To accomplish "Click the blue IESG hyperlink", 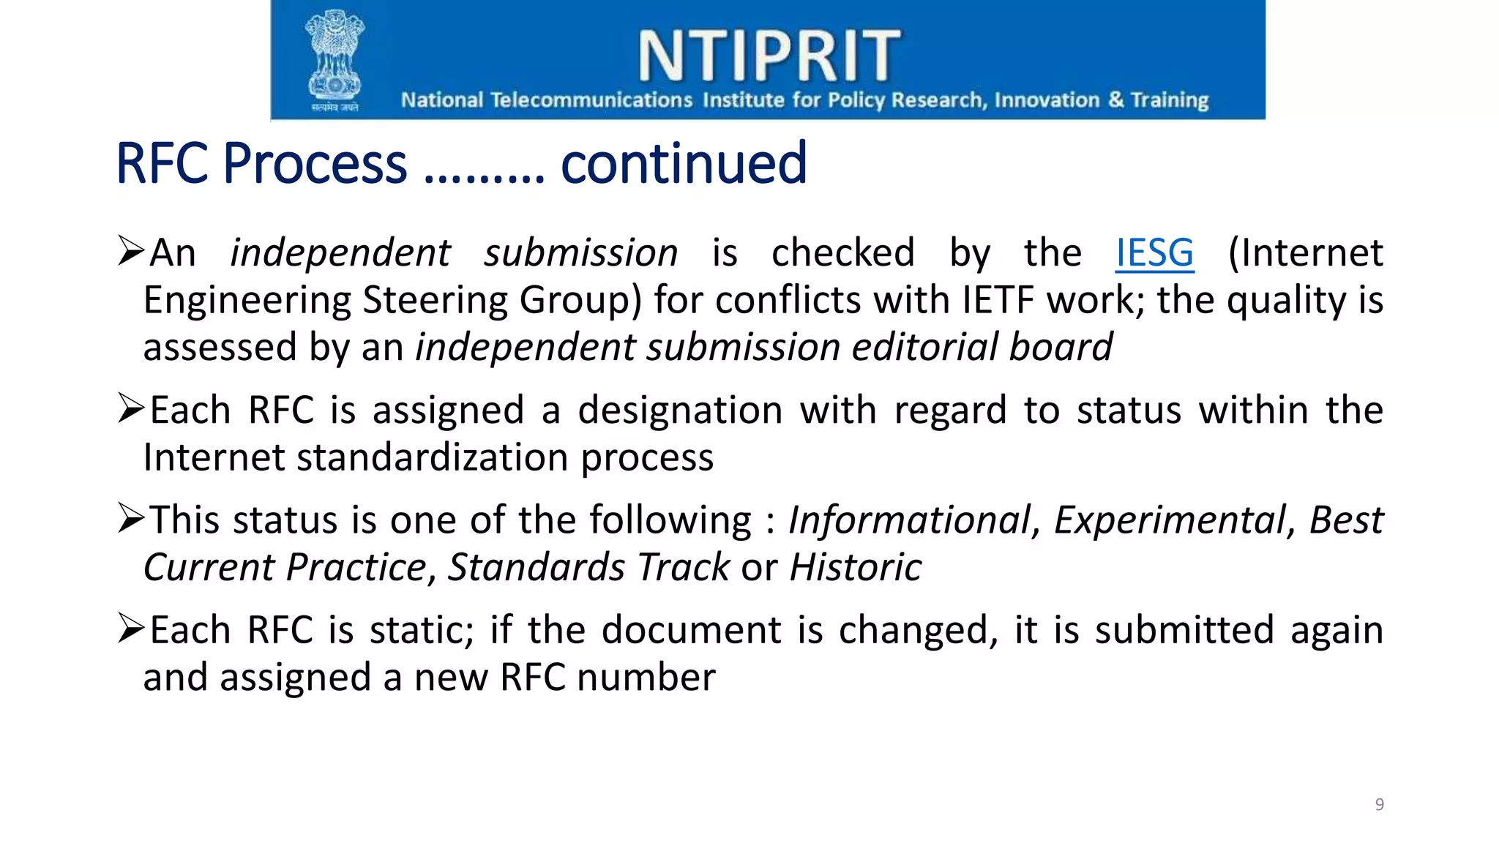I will coord(1154,253).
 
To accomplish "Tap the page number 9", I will coord(1379,804).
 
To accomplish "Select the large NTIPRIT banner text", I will coord(769,56).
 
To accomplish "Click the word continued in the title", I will coord(684,163).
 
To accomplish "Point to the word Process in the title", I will coord(315,163).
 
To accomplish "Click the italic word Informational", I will coord(909,520).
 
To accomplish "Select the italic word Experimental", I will coord(1170,520).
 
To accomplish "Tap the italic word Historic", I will coord(856,568).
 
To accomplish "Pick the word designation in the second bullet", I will coord(680,411).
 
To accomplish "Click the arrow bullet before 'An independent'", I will coord(132,251).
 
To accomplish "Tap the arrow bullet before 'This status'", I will coord(132,518).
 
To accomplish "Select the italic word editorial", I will coord(924,347).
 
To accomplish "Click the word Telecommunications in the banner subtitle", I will coord(591,100).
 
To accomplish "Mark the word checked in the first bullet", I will coord(842,253).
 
